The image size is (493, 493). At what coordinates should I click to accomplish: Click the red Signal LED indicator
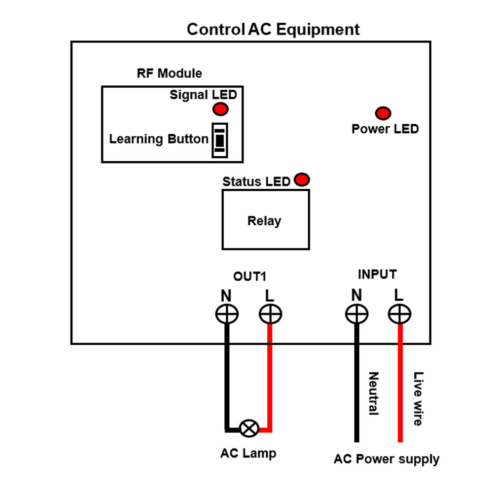[220, 109]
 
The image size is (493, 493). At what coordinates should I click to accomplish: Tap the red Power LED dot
[383, 113]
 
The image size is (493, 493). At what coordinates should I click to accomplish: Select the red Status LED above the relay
[301, 179]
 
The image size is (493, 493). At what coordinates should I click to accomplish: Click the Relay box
[266, 220]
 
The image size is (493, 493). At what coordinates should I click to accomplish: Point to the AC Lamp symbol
[248, 428]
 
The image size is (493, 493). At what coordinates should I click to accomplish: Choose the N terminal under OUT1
[227, 314]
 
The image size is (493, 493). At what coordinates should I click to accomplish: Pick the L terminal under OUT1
[270, 314]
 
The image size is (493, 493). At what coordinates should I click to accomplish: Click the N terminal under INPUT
[356, 314]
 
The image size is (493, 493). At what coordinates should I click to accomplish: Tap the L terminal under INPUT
[399, 314]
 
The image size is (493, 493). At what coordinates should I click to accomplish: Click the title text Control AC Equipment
[273, 30]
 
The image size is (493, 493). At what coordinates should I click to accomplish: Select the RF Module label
[169, 73]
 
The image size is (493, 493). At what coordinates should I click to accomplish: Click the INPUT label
[377, 275]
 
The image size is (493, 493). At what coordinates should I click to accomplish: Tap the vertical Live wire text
[418, 398]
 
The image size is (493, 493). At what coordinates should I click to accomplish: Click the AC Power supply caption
[387, 459]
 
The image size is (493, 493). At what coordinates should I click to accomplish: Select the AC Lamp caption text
[248, 453]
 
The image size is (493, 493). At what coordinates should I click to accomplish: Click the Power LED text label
[385, 129]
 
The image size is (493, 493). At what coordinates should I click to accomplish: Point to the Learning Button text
[159, 139]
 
